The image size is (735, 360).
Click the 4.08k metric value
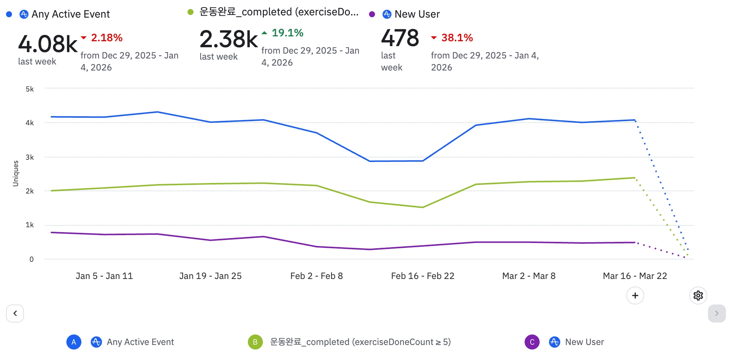(x=48, y=44)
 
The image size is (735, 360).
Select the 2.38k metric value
(x=228, y=39)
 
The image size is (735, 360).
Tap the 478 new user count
(x=400, y=38)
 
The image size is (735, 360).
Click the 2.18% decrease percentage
(x=106, y=38)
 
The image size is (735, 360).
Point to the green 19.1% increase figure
(x=287, y=33)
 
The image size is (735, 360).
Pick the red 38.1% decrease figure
(x=457, y=38)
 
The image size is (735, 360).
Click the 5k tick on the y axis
(x=30, y=89)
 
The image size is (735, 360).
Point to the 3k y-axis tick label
(x=30, y=157)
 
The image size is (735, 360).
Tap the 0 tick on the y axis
(x=31, y=259)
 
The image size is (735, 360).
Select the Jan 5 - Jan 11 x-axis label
(x=104, y=276)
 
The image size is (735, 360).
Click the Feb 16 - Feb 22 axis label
(x=423, y=276)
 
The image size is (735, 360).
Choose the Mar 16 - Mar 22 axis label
(x=635, y=276)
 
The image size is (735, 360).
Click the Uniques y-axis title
(x=16, y=173)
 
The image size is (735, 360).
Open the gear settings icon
(x=698, y=295)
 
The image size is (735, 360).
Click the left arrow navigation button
(x=15, y=313)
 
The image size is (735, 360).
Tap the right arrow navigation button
(x=717, y=313)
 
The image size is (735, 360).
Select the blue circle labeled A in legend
(x=74, y=342)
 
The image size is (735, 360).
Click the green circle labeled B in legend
(x=255, y=342)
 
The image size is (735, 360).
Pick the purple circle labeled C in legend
(x=532, y=342)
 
